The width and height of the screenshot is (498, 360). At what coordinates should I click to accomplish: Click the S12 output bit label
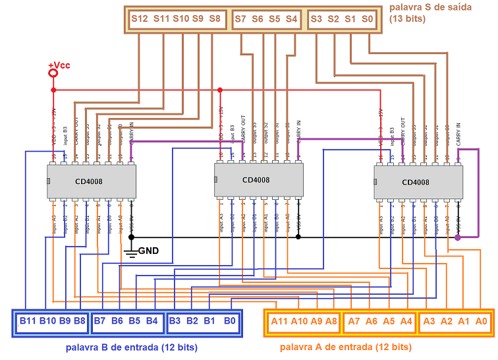coord(140,19)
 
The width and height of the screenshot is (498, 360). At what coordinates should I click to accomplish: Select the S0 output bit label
coord(368,19)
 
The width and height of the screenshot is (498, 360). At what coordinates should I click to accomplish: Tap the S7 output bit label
coord(241,19)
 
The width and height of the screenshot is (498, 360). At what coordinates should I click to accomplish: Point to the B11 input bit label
coord(28,321)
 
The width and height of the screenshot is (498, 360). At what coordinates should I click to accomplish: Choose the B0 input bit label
coord(229,321)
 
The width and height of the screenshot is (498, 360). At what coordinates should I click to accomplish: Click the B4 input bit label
coord(152,321)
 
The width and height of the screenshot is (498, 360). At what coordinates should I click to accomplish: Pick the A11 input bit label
coord(279,321)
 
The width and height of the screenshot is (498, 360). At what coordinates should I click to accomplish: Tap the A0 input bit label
coord(481,321)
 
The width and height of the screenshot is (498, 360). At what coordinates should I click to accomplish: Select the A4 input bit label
coord(406,321)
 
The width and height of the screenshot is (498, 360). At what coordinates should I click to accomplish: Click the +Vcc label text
coord(59,65)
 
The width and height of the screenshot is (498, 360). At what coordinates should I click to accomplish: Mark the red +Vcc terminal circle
coord(53,75)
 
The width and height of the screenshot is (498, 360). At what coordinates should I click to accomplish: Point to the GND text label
coord(148,251)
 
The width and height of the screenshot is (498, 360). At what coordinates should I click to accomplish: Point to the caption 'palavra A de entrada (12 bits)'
coord(346,347)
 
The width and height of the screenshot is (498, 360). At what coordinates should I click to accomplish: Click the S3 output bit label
coord(316,19)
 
